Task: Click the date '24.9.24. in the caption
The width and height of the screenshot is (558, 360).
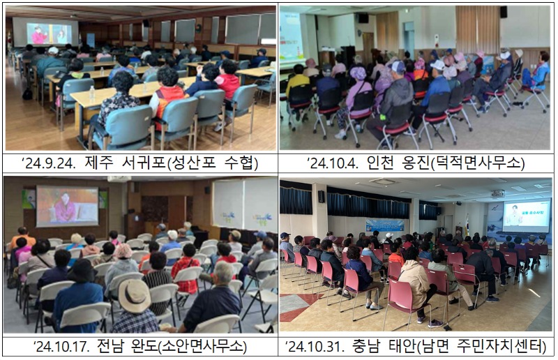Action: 49,163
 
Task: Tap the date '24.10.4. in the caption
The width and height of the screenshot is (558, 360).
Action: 333,163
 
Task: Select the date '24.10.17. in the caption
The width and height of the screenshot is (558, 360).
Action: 61,346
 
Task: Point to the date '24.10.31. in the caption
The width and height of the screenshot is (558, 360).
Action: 315,346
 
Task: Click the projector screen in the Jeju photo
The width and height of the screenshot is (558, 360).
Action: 45,32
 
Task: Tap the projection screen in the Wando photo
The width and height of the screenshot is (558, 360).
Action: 67,207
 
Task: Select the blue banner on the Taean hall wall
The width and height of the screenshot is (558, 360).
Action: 385,225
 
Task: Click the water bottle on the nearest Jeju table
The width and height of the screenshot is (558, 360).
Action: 92,93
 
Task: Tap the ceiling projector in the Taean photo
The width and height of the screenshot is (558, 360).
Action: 498,193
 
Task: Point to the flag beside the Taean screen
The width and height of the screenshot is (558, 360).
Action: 467,225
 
